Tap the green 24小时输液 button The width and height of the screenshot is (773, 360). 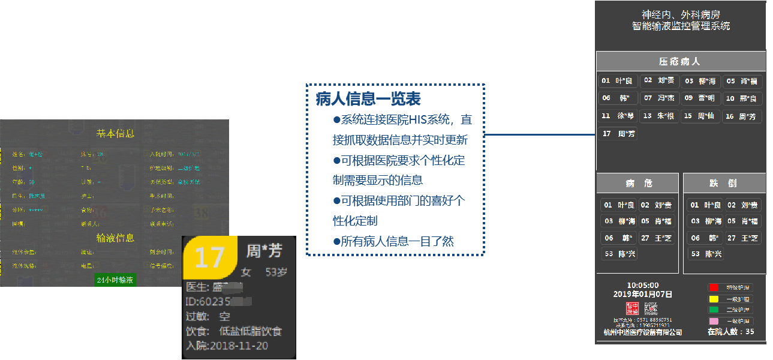[115, 280]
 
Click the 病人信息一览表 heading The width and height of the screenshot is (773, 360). [368, 100]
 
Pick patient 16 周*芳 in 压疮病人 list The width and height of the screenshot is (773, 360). [742, 116]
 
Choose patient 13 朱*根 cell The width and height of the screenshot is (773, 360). [659, 116]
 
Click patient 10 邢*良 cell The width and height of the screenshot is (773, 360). [742, 98]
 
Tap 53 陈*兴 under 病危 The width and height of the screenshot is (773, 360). [618, 254]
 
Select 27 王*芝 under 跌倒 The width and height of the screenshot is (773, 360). [744, 238]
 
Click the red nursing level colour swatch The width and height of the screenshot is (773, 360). [713, 287]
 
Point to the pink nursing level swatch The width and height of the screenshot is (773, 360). [713, 321]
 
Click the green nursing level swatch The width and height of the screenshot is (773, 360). [713, 310]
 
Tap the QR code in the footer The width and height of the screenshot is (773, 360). [651, 308]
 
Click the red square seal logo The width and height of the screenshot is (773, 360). [631, 308]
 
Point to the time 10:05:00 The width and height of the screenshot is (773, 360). [642, 285]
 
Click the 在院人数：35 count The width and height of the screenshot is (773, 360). [730, 332]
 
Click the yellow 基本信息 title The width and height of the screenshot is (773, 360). [115, 133]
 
